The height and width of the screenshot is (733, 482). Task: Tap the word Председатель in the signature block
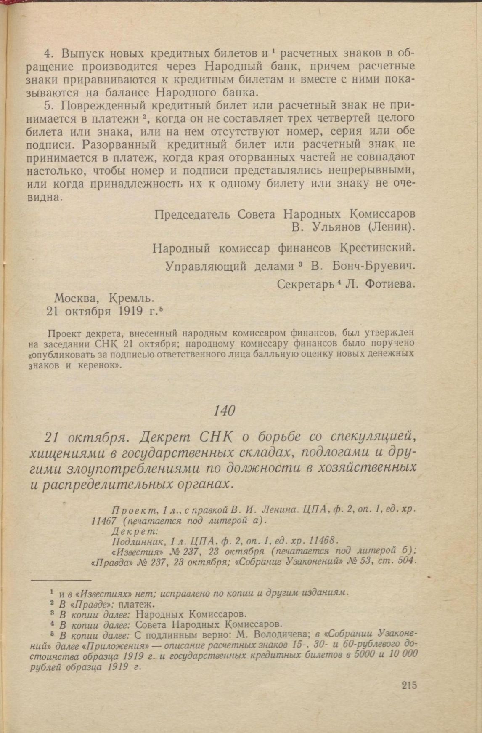pos(192,214)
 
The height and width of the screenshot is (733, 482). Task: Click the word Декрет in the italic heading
pos(165,437)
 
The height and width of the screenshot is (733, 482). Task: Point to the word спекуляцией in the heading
pos(373,438)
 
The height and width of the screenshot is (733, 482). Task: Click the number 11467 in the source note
pos(101,521)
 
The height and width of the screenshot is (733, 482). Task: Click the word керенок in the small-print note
pos(98,365)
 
